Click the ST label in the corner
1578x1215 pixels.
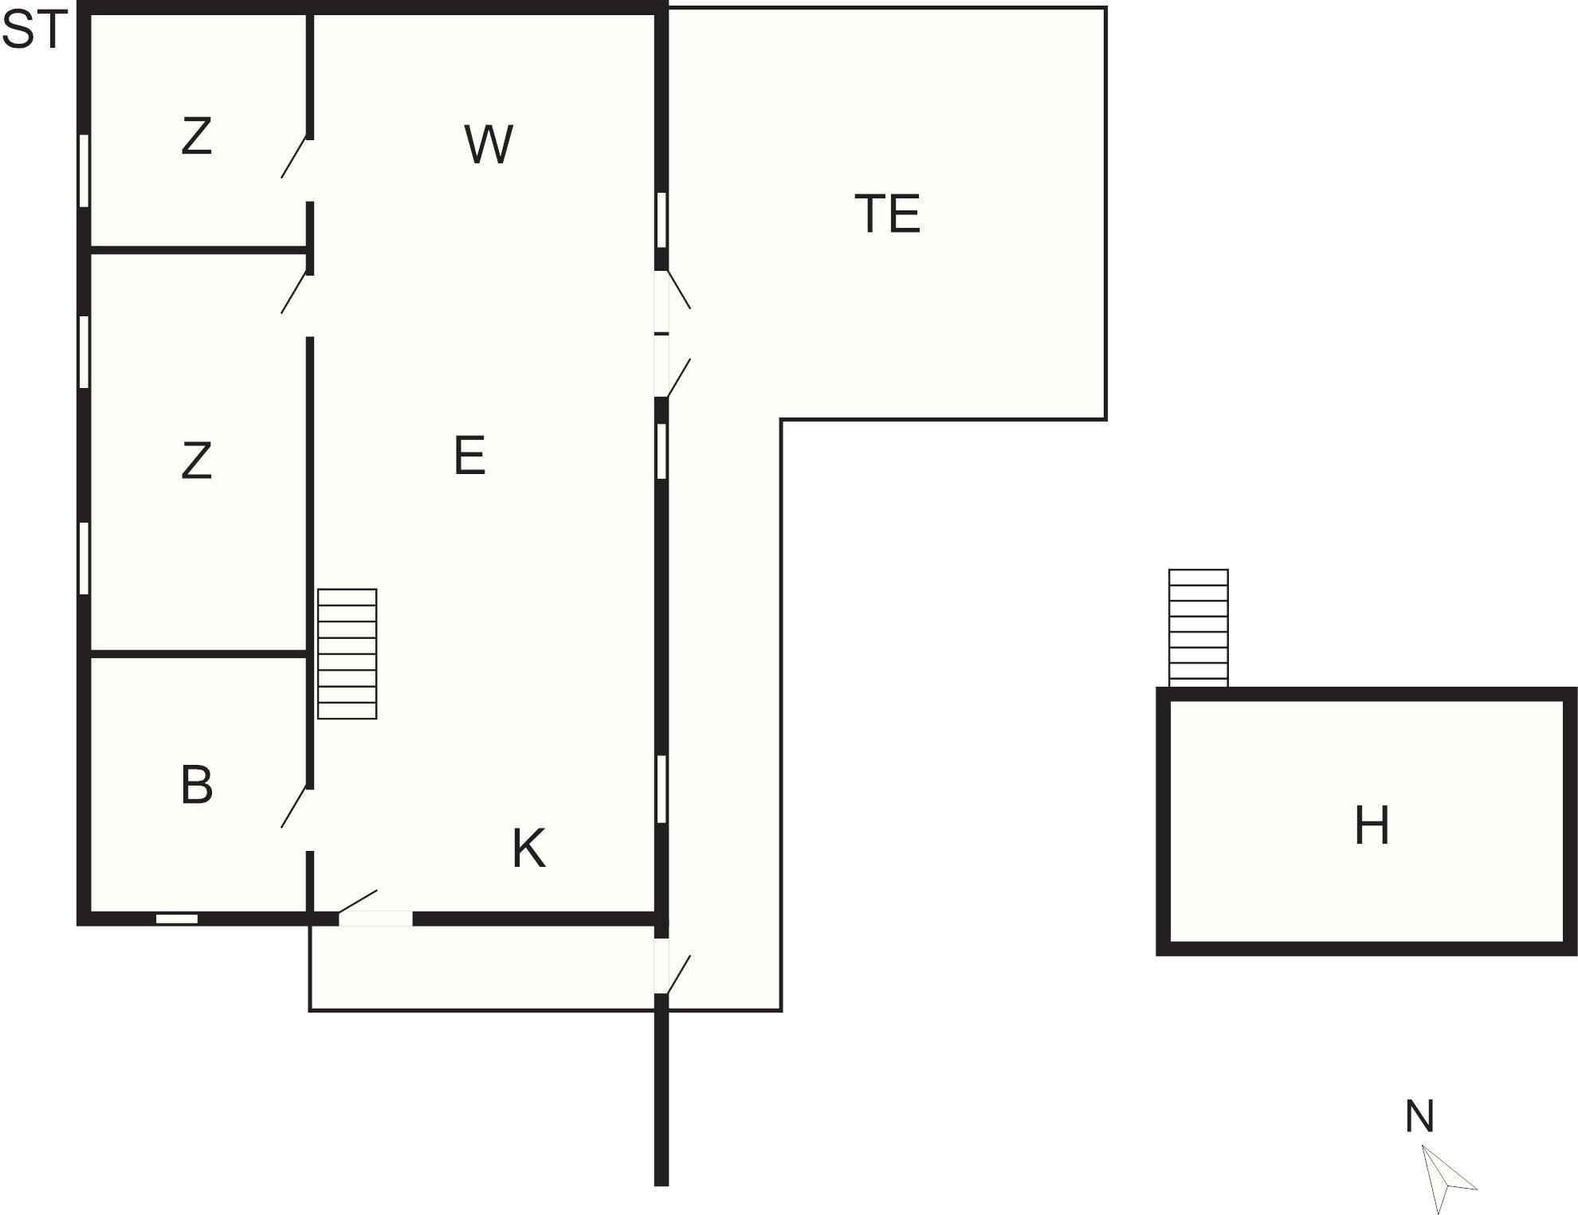tap(33, 32)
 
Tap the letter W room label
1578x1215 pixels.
tap(488, 144)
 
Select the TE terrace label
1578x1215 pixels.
tap(887, 214)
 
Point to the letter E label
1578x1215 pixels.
tap(469, 456)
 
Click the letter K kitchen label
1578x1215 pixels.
tap(528, 848)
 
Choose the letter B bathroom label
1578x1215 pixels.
tap(197, 785)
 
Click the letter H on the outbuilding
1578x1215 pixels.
tap(1372, 825)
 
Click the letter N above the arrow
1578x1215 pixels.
tap(1419, 1116)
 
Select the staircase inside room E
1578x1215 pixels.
tap(347, 653)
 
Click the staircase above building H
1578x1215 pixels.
tap(1198, 627)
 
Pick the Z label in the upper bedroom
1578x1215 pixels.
tap(197, 136)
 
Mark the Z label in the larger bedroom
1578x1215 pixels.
tap(197, 461)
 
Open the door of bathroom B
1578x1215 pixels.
tap(295, 806)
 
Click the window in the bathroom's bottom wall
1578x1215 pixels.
tap(176, 919)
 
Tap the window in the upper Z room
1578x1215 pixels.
tap(84, 171)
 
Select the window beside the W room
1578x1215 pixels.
tap(661, 220)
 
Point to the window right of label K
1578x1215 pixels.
tap(661, 789)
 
